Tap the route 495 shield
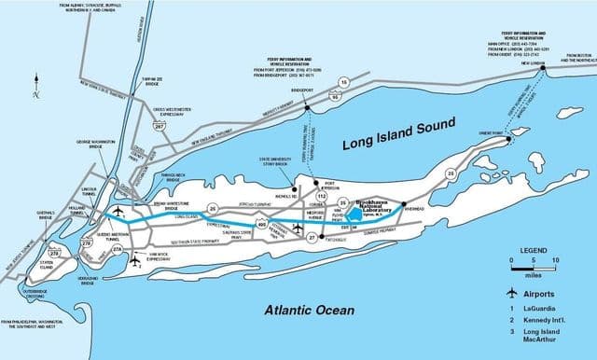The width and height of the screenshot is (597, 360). point(262,225)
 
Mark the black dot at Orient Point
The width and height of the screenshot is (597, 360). point(507,133)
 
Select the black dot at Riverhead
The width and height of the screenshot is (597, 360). point(404,203)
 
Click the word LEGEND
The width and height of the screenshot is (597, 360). point(533,250)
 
